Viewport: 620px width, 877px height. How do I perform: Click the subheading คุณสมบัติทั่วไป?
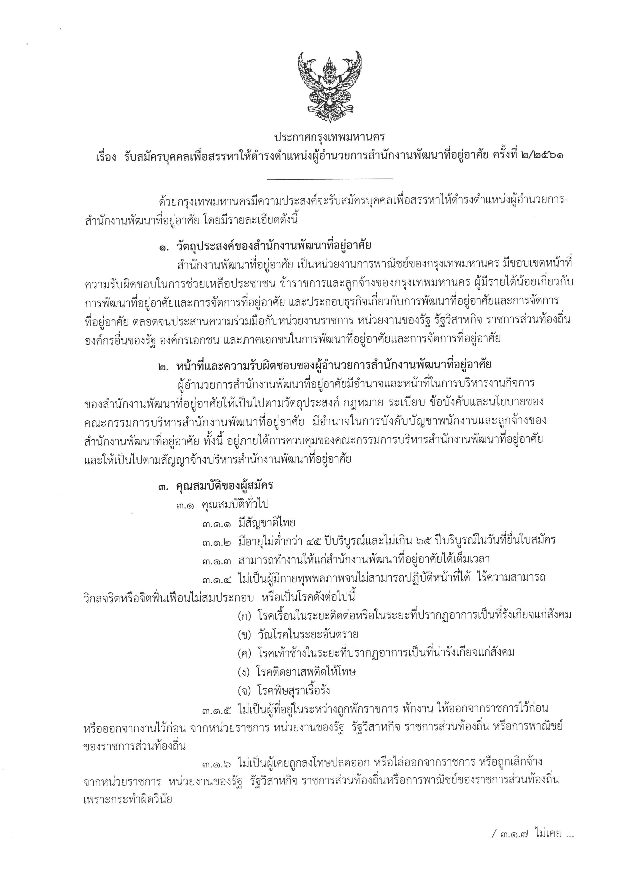pos(235,504)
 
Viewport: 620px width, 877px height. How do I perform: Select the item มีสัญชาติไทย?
pos(266,523)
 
